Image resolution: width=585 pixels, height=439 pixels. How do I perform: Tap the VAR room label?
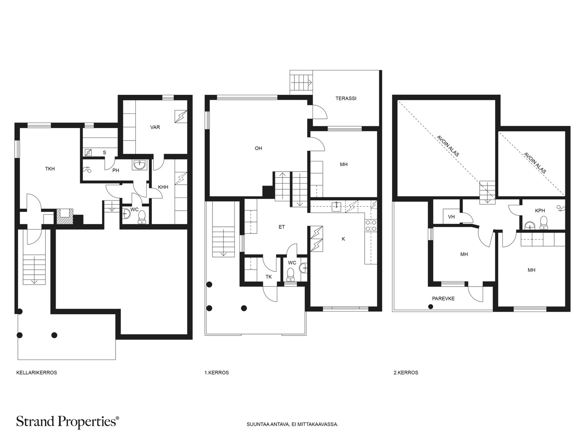click(155, 127)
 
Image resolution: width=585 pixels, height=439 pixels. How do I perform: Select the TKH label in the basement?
click(50, 169)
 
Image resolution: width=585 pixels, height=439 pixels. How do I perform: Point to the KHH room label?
click(163, 187)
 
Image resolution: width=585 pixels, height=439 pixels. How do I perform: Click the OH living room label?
click(258, 148)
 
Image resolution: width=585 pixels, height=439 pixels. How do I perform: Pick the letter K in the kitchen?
click(343, 239)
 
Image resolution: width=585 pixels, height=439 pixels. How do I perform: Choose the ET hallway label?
click(282, 227)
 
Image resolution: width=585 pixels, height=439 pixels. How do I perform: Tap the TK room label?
click(269, 277)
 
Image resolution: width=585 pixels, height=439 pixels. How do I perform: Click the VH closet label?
click(451, 217)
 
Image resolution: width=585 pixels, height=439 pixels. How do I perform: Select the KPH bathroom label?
click(540, 211)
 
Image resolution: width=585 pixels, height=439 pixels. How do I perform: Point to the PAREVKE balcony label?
click(443, 299)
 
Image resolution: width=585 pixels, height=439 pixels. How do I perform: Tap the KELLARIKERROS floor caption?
click(37, 373)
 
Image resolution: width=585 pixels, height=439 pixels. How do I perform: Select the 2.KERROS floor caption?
click(406, 373)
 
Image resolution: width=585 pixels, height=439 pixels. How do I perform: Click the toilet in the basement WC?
click(142, 217)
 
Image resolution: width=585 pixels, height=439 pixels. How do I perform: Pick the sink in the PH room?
click(139, 165)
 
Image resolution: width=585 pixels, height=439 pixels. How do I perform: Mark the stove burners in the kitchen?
click(371, 225)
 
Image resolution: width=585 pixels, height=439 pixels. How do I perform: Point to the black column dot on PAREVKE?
click(430, 307)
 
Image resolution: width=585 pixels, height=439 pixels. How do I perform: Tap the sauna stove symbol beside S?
click(88, 153)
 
